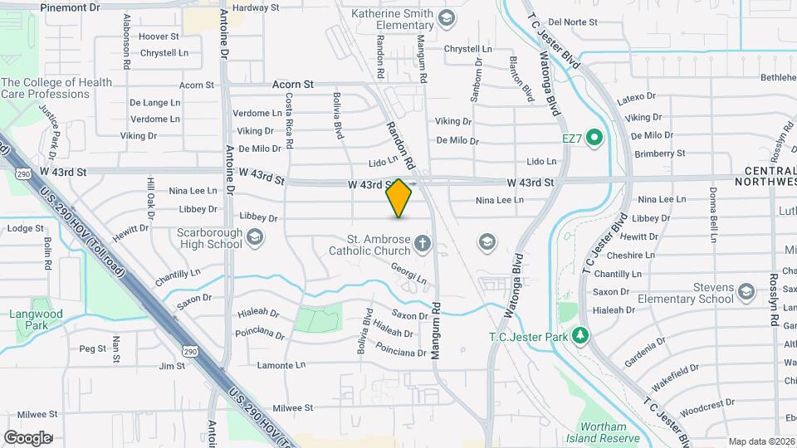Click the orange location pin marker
pos(399,197)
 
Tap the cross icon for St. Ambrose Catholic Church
pos(423,243)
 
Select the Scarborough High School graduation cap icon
pos(255,240)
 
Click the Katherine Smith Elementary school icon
pos(447,19)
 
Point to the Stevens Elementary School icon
pos(746,291)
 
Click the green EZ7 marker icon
pos(594,137)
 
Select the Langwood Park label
pos(31,319)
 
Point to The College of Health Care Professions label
pos(56,88)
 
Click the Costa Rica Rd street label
pos(289,119)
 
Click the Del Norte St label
pos(573,22)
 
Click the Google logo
pos(27,437)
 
